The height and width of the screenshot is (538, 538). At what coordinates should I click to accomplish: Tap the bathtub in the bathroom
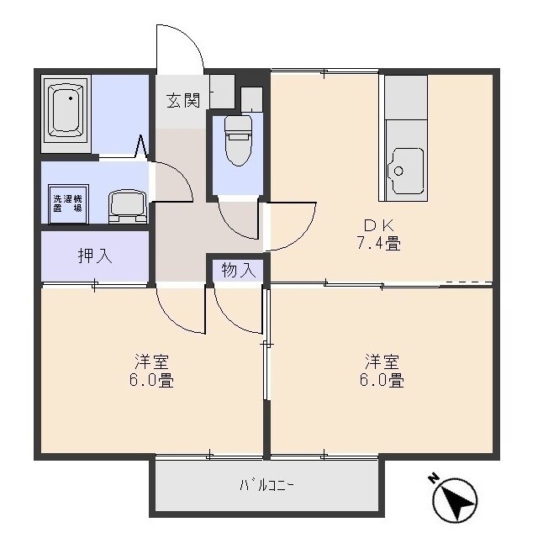[x=66, y=109]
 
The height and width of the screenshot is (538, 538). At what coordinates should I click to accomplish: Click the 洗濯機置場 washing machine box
[x=67, y=203]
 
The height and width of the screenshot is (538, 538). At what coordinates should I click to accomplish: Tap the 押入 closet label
[x=95, y=256]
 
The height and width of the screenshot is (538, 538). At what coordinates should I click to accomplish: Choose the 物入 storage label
[x=238, y=270]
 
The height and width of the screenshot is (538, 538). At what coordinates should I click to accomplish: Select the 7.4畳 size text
[x=380, y=245]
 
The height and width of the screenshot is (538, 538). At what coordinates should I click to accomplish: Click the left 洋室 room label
[x=151, y=361]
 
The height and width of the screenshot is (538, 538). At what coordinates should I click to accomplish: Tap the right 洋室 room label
[x=382, y=361]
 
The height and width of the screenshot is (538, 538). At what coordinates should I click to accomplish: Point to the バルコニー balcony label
[x=266, y=484]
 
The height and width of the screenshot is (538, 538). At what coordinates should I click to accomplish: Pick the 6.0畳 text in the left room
[x=152, y=381]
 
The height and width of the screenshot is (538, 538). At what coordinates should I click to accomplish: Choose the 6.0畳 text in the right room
[x=382, y=381]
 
